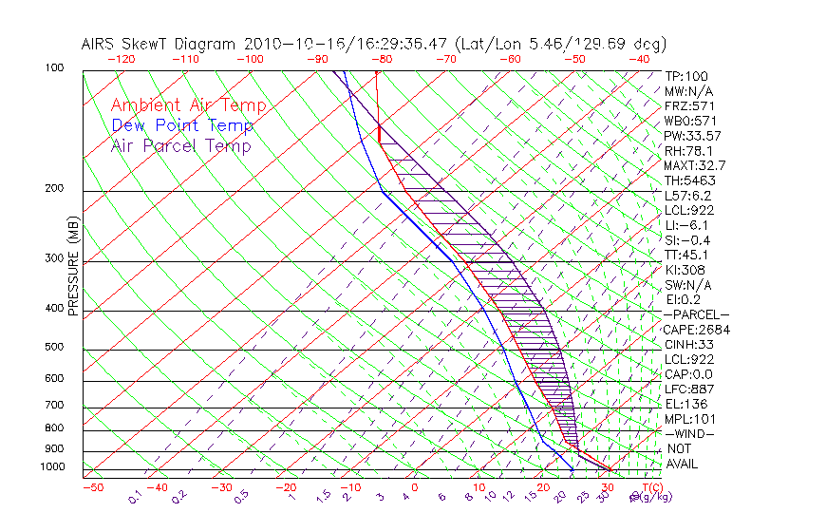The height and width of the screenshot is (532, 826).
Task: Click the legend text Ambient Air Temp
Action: (x=188, y=105)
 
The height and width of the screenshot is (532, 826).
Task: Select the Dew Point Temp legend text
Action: (x=182, y=125)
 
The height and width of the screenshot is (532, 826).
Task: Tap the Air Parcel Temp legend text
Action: (x=181, y=145)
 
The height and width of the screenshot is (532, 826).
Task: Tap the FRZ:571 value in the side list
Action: (x=689, y=105)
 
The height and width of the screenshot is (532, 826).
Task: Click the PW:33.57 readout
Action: (x=695, y=136)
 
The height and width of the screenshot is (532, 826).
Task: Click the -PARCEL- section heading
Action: (x=697, y=314)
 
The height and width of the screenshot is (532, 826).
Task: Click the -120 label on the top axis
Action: (x=121, y=59)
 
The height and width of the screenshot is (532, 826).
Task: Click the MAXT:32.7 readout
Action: (x=695, y=165)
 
